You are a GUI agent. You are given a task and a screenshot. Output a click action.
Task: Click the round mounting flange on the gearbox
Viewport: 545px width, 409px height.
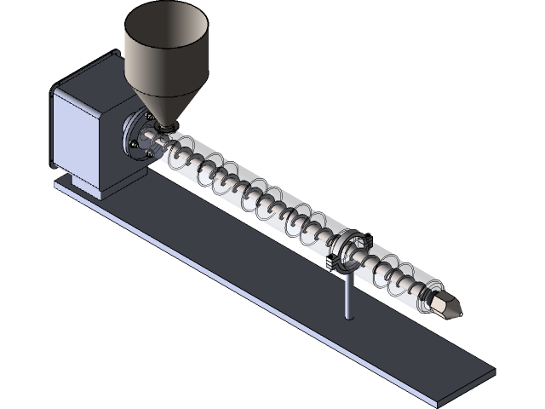[136, 136]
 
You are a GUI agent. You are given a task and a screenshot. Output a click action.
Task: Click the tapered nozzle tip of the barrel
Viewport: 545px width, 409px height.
[448, 306]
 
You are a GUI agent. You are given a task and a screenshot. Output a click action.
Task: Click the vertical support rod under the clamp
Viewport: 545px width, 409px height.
[348, 294]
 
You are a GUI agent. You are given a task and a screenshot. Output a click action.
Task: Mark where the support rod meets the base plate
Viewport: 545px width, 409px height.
[348, 316]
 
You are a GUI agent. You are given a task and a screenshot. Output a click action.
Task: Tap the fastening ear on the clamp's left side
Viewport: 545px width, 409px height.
[328, 262]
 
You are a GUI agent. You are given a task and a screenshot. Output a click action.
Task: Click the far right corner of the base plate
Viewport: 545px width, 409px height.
[493, 370]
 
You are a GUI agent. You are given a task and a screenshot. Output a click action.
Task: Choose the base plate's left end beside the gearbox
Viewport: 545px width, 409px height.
[61, 183]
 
